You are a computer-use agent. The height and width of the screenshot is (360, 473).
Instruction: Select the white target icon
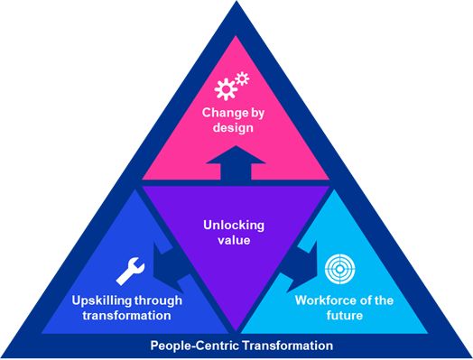tap(338, 272)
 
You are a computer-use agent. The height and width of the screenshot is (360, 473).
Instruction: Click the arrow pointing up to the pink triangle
tap(236, 169)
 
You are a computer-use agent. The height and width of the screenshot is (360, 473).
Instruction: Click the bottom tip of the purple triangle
tap(236, 328)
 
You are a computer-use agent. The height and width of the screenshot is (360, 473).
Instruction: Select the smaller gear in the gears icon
tap(243, 79)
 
